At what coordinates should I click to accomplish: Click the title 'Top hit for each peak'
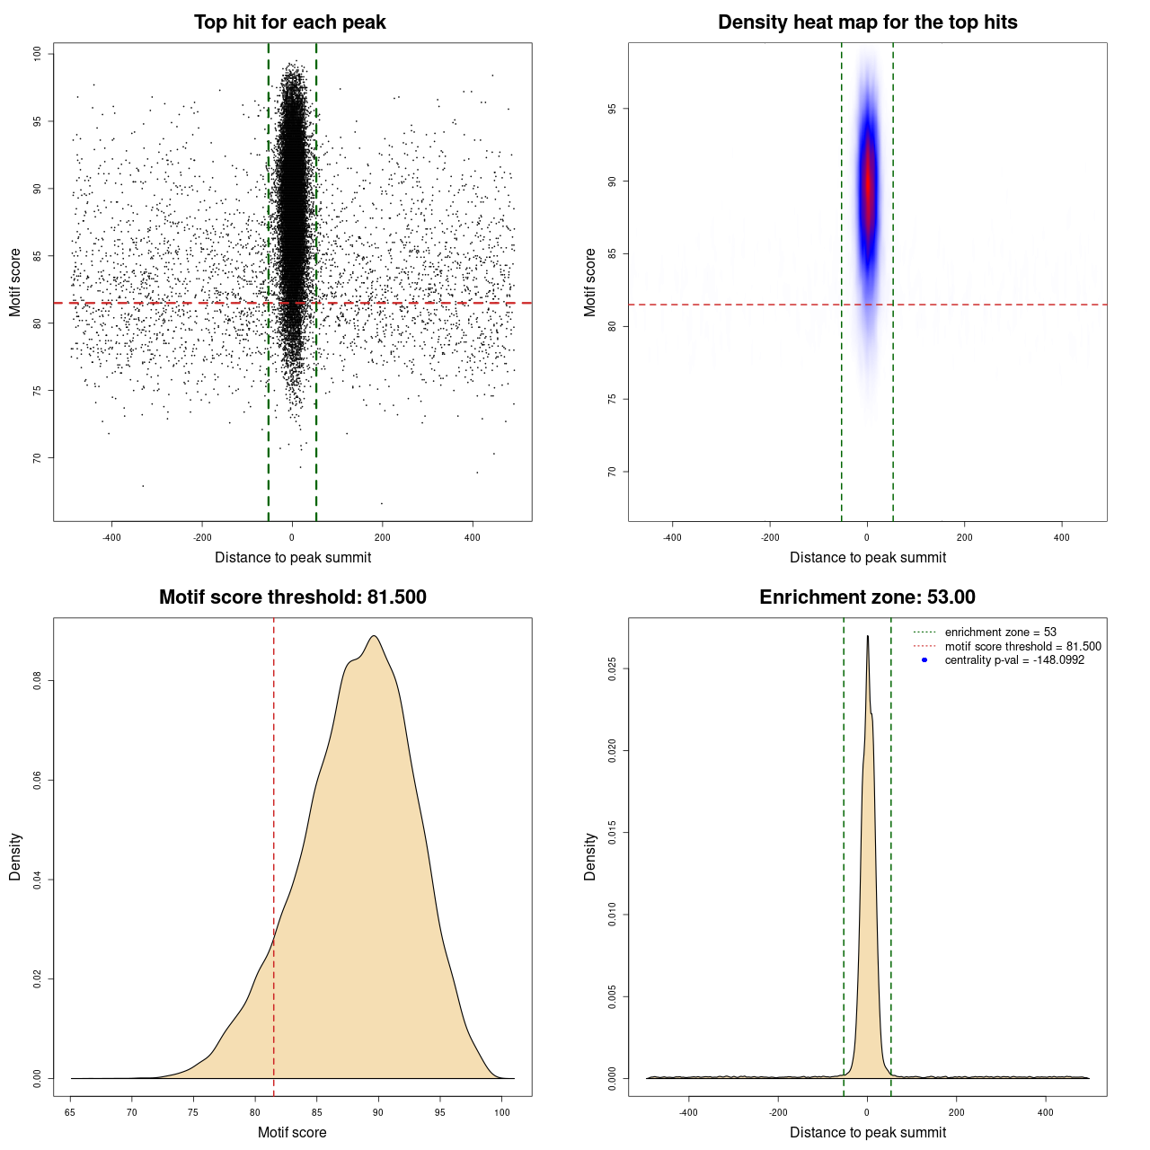pos(289,22)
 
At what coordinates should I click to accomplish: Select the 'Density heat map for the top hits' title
pos(867,22)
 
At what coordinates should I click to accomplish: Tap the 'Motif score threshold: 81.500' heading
pos(292,597)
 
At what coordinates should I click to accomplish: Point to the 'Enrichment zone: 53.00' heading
pos(867,597)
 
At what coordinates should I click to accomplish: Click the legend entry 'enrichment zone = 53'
pos(1000,632)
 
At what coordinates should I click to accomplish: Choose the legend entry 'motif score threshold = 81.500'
pos(1022,647)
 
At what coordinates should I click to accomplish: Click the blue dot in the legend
pos(924,660)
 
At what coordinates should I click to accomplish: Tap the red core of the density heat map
pos(868,184)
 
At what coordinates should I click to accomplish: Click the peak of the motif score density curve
pos(374,636)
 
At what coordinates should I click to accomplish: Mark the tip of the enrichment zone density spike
pos(867,636)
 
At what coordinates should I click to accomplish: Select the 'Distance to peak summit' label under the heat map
pos(867,558)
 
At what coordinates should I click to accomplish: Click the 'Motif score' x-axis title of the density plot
pos(292,1133)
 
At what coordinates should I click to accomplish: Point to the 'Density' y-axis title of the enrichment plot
pos(590,856)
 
